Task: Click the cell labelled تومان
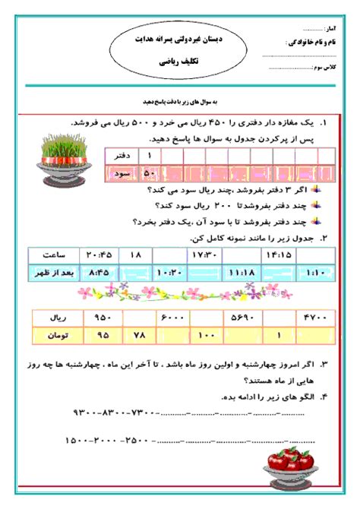(54, 334)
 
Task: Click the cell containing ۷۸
(138, 334)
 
